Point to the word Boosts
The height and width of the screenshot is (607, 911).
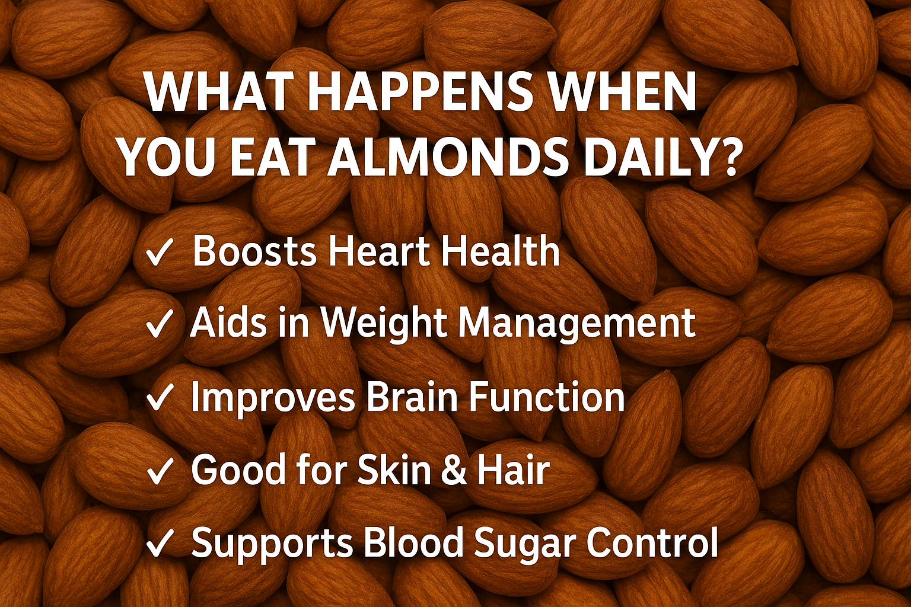254,251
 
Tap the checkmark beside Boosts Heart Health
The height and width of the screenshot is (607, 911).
160,253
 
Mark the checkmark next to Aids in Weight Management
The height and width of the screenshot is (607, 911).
160,324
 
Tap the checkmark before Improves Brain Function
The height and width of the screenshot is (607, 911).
160,397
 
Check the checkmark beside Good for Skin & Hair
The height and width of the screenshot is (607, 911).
160,471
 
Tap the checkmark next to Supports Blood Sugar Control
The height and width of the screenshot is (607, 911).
160,543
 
